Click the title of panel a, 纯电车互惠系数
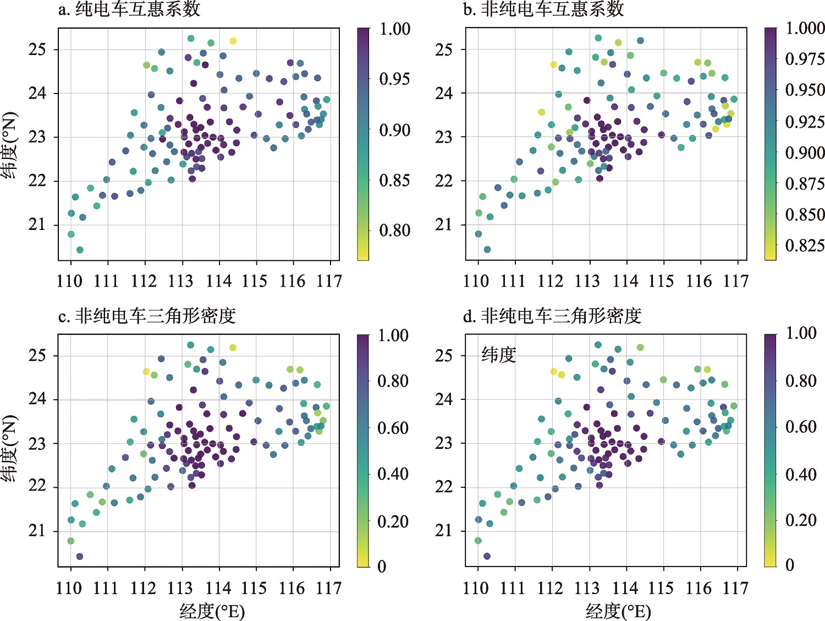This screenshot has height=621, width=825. [x=129, y=9]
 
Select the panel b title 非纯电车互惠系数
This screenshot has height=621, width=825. [x=544, y=9]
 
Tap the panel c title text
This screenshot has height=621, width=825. [x=147, y=316]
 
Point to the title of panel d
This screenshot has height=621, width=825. [x=553, y=316]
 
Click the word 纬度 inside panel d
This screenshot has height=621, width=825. [x=499, y=355]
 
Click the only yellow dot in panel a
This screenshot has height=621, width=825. [x=233, y=41]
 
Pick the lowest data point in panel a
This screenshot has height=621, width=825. [x=80, y=250]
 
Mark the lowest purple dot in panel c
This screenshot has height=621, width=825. [x=79, y=557]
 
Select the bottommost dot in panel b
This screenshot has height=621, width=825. [x=487, y=250]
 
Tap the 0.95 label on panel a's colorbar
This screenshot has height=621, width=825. [x=394, y=79]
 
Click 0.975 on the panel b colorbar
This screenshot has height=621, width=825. [x=805, y=59]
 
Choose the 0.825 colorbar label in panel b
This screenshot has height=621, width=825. [x=805, y=245]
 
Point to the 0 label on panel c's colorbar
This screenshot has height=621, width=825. [x=382, y=567]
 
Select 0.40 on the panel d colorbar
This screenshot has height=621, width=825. [x=800, y=474]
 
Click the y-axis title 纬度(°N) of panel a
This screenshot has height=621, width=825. [x=10, y=146]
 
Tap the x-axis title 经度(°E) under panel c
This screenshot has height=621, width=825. [x=212, y=611]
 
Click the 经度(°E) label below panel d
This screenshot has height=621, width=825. [x=618, y=611]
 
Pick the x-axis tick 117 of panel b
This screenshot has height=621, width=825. [x=736, y=282]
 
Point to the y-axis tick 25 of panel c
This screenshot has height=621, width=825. [x=37, y=356]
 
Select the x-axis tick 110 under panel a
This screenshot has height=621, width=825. [x=69, y=282]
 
